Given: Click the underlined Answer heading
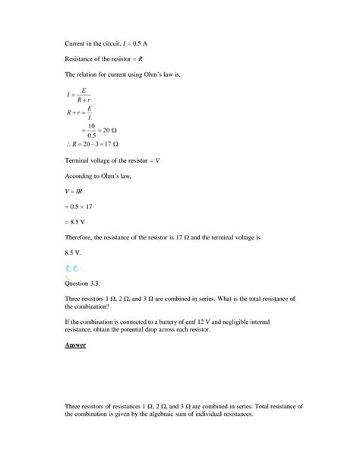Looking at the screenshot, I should pos(75,346).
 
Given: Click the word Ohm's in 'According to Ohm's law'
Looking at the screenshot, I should pos(115,175).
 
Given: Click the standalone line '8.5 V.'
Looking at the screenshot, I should pos(74,255).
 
